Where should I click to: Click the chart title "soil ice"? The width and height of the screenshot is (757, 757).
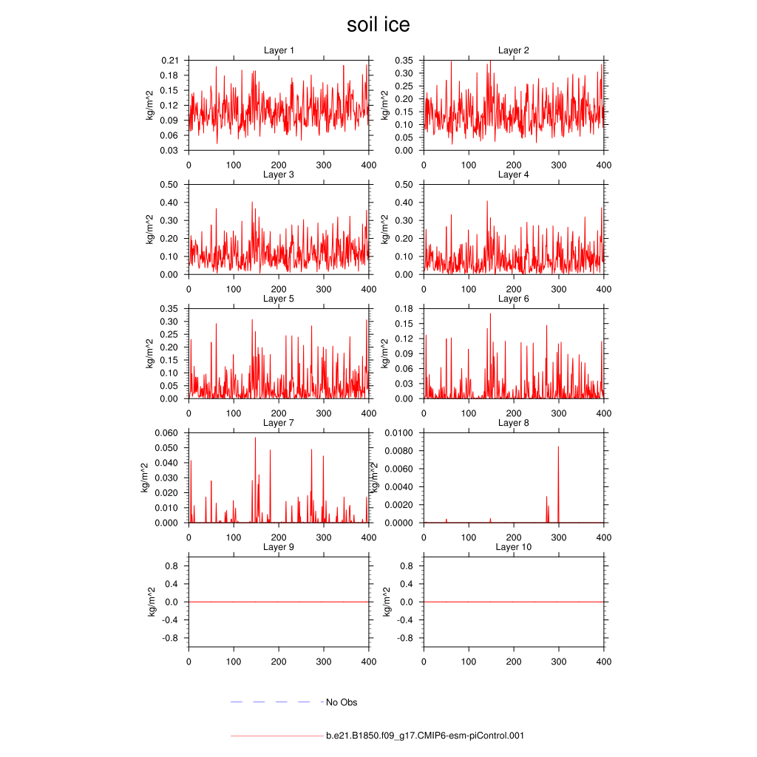point(378,25)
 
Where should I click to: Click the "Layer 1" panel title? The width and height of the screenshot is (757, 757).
point(279,50)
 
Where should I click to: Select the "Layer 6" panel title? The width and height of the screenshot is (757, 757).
point(513,299)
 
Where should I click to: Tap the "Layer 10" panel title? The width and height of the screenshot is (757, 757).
point(513,547)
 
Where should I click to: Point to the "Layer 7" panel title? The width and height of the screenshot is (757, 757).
point(279,423)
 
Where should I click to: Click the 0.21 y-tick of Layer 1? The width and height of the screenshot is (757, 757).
point(170,61)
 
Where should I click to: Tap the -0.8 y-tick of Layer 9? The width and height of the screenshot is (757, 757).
point(169,638)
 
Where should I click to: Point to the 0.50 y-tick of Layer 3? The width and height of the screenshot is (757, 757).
point(170,185)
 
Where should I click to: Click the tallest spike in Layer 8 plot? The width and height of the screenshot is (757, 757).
point(558,447)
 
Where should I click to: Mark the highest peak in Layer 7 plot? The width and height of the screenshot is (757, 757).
point(256,438)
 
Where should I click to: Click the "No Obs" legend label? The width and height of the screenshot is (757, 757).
point(342,702)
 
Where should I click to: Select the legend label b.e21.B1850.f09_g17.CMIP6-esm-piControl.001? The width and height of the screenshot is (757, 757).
point(425,736)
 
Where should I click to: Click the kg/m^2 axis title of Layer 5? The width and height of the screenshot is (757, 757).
point(149,353)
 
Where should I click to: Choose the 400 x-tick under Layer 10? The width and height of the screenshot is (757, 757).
point(604,662)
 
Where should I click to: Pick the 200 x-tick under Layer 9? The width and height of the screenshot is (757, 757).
point(279,662)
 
